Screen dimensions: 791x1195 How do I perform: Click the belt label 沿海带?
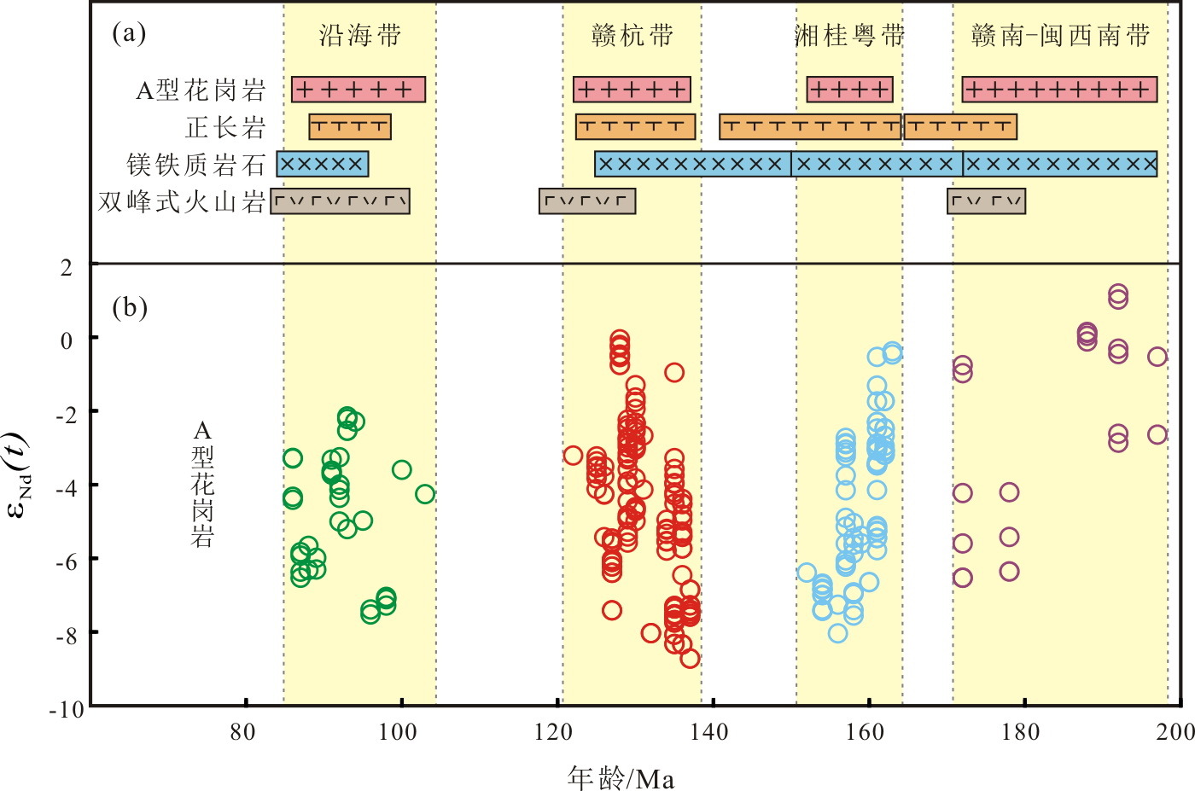[359, 35]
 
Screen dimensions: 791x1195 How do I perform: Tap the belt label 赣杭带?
[632, 35]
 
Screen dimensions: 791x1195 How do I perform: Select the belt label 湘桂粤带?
[849, 35]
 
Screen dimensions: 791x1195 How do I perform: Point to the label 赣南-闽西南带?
[1061, 35]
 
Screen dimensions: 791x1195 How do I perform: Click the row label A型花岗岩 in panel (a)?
[201, 90]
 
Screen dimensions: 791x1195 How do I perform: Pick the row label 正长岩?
[225, 127]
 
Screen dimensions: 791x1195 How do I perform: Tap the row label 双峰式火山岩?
[181, 201]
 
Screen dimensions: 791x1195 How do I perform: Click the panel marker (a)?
[129, 33]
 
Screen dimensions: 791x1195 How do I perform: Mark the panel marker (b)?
[130, 306]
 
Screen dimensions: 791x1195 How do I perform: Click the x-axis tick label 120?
[554, 732]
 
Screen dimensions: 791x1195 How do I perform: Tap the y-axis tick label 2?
[67, 267]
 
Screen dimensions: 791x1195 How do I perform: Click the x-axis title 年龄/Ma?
[621, 777]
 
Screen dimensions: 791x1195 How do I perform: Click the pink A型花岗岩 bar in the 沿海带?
[358, 90]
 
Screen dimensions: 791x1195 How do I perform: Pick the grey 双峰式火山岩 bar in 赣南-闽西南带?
[986, 201]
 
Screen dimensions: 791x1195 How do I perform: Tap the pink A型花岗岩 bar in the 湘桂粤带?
[849, 90]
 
